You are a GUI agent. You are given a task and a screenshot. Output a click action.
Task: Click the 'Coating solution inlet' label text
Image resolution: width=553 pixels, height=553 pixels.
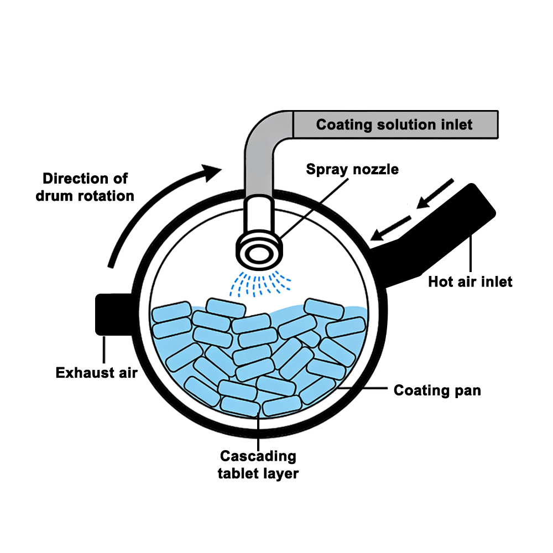(394, 124)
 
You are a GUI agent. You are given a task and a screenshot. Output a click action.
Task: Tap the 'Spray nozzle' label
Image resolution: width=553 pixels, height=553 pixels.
(352, 169)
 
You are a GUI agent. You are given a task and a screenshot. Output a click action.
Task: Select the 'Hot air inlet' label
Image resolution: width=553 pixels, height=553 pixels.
(470, 282)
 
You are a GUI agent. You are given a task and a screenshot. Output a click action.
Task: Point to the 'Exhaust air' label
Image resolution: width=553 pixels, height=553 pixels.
(96, 373)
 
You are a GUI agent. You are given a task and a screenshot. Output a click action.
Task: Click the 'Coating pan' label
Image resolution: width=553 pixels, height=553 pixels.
(437, 390)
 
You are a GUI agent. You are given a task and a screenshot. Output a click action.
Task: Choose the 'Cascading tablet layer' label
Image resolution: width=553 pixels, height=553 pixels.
(258, 465)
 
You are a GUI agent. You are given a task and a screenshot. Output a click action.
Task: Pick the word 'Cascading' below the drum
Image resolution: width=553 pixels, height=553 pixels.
(258, 457)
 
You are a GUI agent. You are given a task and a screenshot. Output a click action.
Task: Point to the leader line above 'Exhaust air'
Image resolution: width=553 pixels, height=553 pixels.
(103, 348)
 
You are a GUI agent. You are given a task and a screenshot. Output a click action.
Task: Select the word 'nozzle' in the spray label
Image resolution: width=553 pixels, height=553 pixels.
(376, 169)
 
